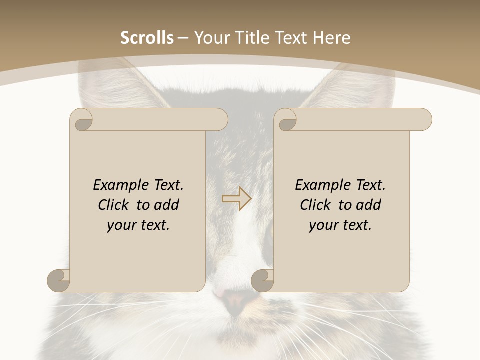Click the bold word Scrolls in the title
pyautogui.click(x=147, y=38)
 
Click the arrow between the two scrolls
pyautogui.click(x=236, y=199)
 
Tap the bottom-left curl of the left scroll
pyautogui.click(x=58, y=281)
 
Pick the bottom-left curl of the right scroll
pyautogui.click(x=262, y=281)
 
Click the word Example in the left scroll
pyautogui.click(x=116, y=185)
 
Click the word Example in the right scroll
pyautogui.click(x=318, y=185)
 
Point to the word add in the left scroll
pyautogui.click(x=167, y=205)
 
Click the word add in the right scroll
pyautogui.click(x=369, y=205)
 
